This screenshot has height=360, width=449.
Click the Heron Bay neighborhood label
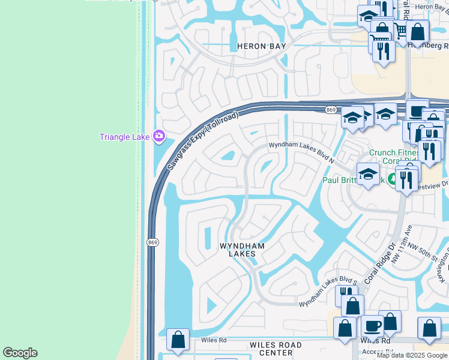point(260,46)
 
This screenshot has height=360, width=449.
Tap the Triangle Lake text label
point(124,137)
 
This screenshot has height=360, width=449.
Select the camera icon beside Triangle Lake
point(158,136)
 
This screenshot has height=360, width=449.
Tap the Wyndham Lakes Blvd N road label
point(301,152)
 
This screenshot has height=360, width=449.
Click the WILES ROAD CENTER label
point(276,349)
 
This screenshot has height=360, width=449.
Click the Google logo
point(20,353)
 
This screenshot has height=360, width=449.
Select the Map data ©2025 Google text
point(412,355)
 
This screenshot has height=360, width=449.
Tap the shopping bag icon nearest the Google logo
point(178,340)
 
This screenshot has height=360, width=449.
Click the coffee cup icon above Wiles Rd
point(372,326)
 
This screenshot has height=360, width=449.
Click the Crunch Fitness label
point(393,153)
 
